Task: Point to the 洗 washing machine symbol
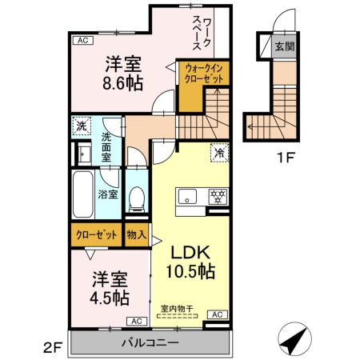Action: pos(81,126)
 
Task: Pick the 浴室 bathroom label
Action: pos(107,194)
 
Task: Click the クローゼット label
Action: pos(95,234)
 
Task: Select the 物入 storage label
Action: pos(136,234)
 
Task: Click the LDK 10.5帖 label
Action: pos(190,261)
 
